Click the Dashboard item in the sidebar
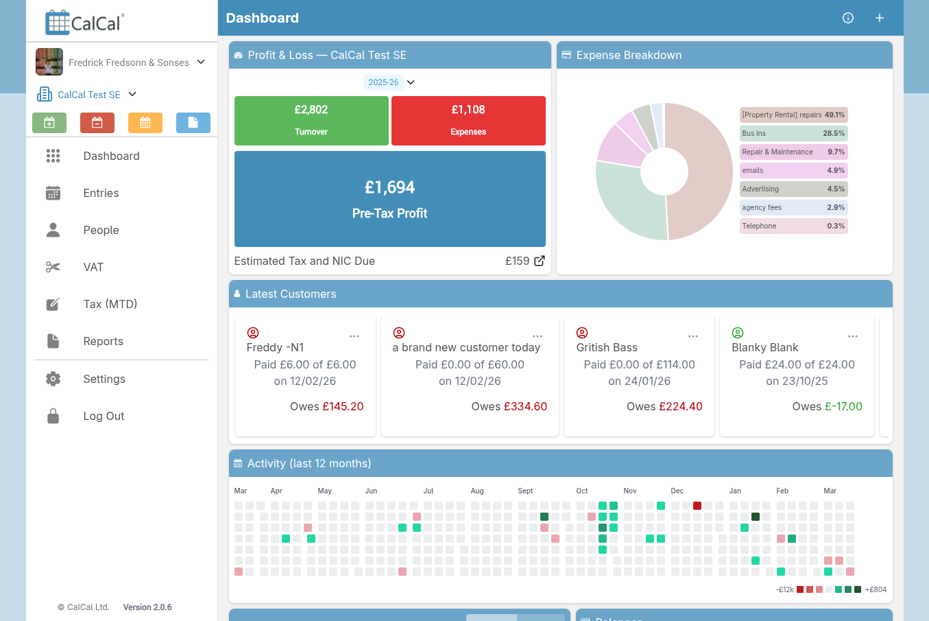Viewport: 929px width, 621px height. (111, 156)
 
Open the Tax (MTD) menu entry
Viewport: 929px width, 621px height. (110, 304)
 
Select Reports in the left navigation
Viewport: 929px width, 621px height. (103, 341)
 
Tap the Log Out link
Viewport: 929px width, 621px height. (104, 416)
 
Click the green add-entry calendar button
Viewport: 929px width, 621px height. (49, 123)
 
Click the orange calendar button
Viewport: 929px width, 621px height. (145, 123)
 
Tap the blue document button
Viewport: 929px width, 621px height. (193, 123)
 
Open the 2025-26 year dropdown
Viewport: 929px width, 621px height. (390, 82)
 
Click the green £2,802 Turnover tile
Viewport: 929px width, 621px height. (311, 120)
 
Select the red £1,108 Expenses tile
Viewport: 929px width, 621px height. (468, 120)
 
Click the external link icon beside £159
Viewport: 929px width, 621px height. (540, 261)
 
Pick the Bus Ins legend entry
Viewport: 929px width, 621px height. (793, 133)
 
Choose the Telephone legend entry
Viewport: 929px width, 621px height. (793, 226)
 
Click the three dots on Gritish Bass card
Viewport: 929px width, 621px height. (693, 336)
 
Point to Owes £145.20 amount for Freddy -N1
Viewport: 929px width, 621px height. (342, 406)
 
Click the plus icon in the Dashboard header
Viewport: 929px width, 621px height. (880, 18)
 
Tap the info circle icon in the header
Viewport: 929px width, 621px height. (848, 18)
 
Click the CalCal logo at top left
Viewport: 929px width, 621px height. (85, 22)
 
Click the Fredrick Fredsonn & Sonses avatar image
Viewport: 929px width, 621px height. (49, 62)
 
